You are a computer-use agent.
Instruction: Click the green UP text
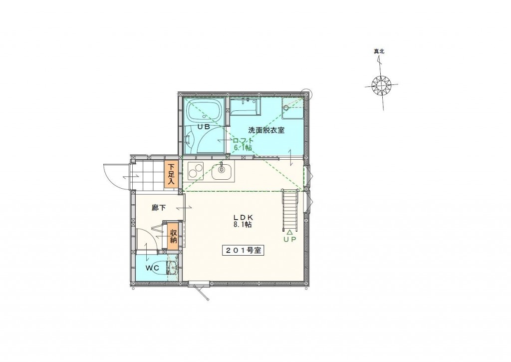coord(289,239)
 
